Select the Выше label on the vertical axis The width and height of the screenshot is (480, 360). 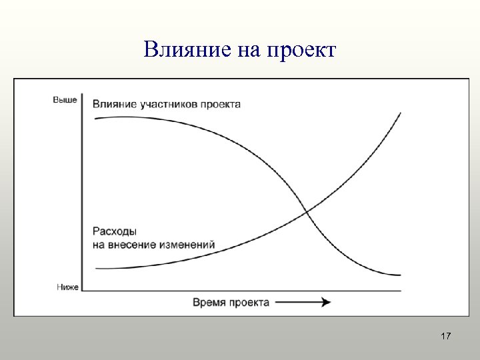coord(65,100)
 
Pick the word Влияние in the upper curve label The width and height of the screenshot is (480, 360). coord(115,104)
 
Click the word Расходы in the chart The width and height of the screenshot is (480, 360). coord(115,232)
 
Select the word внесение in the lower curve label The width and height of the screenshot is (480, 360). coord(133,244)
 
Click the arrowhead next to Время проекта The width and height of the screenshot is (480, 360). coord(325,302)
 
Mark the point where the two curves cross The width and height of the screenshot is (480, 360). coord(306,212)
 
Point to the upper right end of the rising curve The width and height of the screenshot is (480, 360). coord(400,113)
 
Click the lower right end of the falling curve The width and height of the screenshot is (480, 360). coord(400,275)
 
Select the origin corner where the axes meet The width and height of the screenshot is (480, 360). coord(82,291)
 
